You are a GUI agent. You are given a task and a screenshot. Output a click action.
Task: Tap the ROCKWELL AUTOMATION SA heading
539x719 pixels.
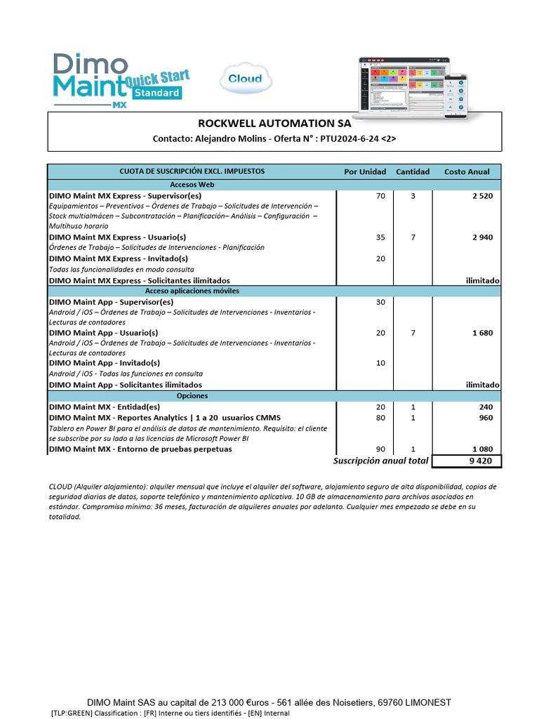click(x=274, y=123)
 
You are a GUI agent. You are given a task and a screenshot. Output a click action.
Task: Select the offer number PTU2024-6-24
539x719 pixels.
click(x=357, y=139)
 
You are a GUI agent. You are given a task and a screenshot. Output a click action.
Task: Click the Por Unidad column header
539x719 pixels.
click(x=365, y=171)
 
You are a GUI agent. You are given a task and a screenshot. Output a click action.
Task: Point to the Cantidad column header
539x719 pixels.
click(x=413, y=171)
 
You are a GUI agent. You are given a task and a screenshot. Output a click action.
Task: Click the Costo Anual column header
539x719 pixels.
click(x=467, y=171)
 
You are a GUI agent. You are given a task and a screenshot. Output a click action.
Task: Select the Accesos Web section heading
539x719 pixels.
click(x=192, y=184)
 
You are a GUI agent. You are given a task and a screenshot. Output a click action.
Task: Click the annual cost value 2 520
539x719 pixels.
click(x=482, y=196)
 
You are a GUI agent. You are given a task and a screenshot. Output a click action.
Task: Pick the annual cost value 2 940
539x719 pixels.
click(x=482, y=237)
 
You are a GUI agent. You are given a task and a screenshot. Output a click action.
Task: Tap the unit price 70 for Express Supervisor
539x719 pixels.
click(x=380, y=196)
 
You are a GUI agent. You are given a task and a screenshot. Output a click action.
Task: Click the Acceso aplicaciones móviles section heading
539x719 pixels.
click(x=192, y=291)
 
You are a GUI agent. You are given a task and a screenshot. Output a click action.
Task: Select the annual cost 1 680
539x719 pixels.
click(x=482, y=333)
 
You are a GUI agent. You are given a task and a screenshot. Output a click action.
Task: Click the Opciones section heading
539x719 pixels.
click(x=192, y=396)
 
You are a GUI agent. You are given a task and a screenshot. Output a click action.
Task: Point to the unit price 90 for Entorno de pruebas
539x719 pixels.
click(x=380, y=449)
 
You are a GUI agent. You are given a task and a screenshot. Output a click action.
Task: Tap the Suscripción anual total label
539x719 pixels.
click(x=380, y=461)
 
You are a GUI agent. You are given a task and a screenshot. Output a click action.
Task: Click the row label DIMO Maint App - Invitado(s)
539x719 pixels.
click(x=104, y=363)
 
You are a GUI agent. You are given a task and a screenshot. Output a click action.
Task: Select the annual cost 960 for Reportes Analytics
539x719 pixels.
click(x=486, y=418)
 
